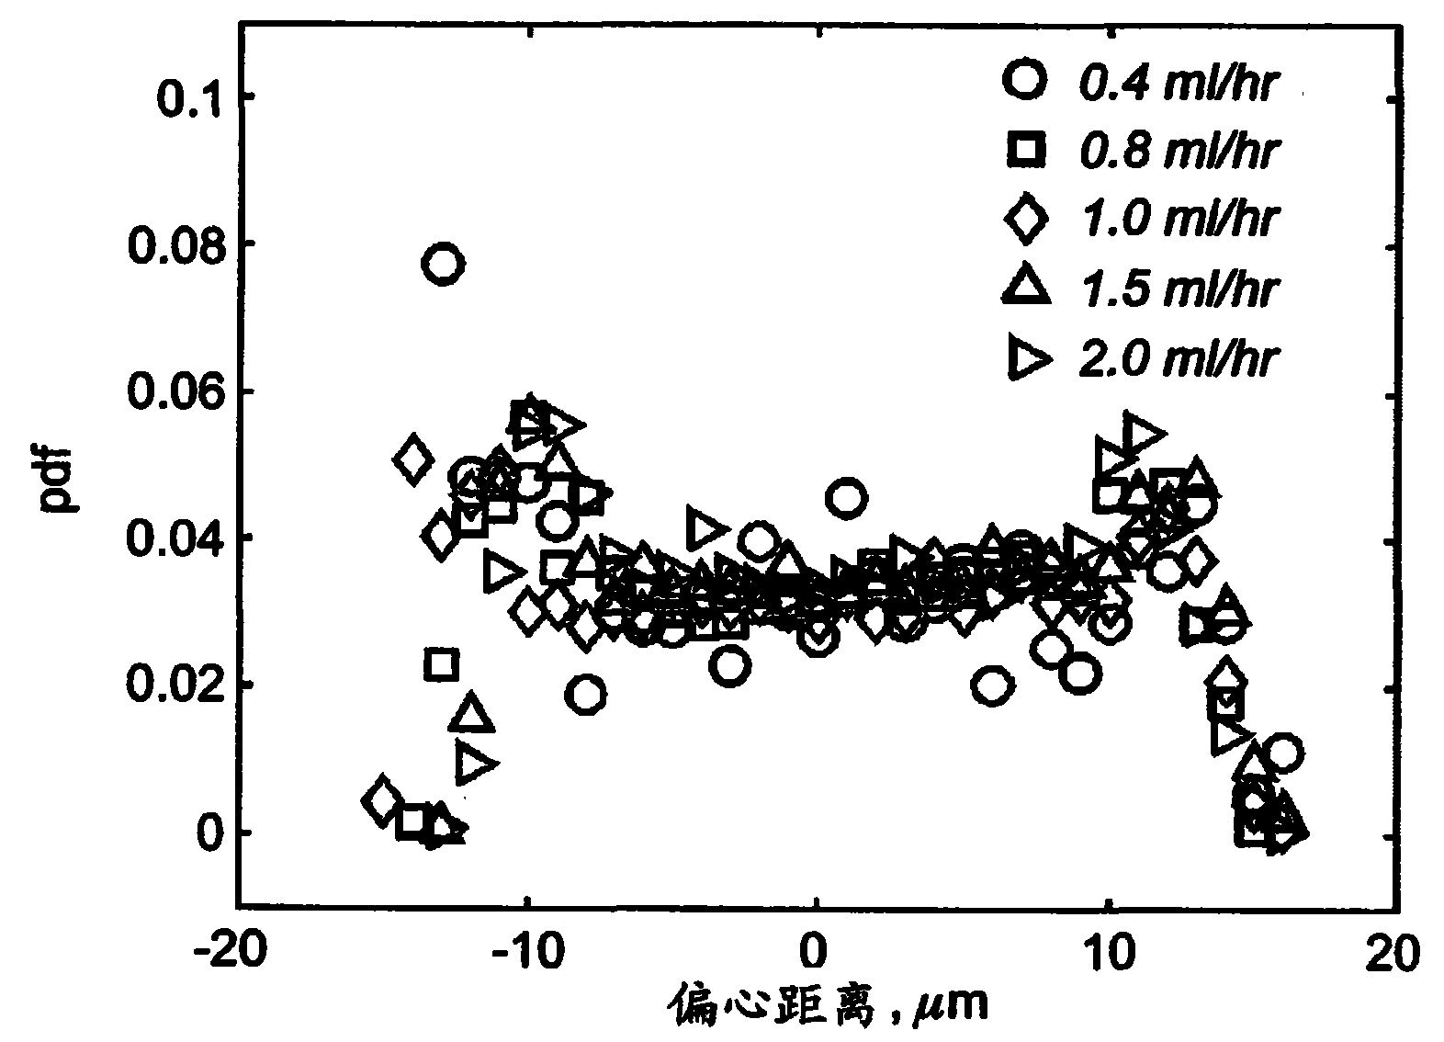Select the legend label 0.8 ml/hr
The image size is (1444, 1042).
(1177, 151)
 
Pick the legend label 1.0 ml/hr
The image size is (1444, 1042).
(1177, 219)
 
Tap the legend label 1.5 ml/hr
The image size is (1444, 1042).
(1177, 289)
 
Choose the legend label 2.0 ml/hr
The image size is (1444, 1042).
(1177, 357)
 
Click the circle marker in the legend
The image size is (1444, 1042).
(1025, 79)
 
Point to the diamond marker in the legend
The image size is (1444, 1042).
(1025, 219)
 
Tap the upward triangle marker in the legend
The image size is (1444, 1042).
(1025, 285)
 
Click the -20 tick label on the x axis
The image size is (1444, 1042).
(230, 953)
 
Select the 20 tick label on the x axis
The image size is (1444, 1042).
(1396, 953)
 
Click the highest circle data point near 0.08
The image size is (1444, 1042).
(442, 265)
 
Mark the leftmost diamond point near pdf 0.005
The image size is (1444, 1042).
(381, 800)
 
